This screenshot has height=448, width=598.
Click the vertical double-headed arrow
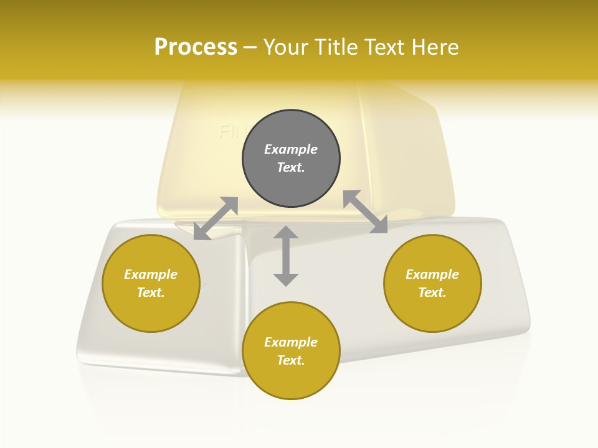pyautogui.click(x=286, y=256)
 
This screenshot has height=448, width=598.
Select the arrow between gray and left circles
pyautogui.click(x=216, y=218)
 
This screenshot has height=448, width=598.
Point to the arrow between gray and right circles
pyautogui.click(x=366, y=212)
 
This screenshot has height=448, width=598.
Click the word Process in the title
pyautogui.click(x=196, y=47)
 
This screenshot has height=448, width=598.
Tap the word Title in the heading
pyautogui.click(x=336, y=47)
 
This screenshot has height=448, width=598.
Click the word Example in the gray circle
pyautogui.click(x=291, y=149)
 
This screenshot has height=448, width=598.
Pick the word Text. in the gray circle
pyautogui.click(x=291, y=167)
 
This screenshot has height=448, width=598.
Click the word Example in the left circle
pyautogui.click(x=151, y=274)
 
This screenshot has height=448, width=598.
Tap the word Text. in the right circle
pyautogui.click(x=432, y=292)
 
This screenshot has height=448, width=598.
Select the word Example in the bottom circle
pyautogui.click(x=291, y=342)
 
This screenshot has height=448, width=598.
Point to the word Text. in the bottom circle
pyautogui.click(x=291, y=360)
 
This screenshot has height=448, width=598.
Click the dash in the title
pyautogui.click(x=250, y=47)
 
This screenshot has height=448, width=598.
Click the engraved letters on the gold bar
pyautogui.click(x=229, y=132)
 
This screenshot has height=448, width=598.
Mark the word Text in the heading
pyautogui.click(x=384, y=47)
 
